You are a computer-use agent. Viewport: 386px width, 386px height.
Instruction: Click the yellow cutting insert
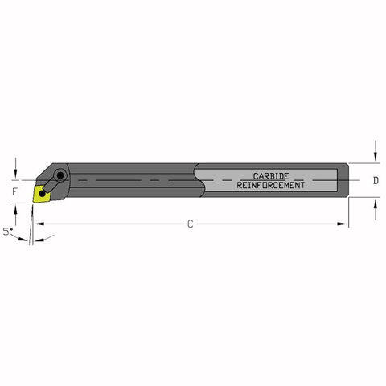[x=42, y=194]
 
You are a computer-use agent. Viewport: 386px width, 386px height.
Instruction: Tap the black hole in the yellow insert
[x=42, y=194]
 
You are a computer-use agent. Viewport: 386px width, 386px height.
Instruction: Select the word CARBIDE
[x=270, y=175]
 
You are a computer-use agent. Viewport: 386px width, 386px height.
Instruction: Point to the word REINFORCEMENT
[x=270, y=185]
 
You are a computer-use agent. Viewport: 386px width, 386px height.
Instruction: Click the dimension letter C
[x=191, y=224]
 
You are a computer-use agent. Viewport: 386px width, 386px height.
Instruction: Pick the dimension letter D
[x=376, y=180]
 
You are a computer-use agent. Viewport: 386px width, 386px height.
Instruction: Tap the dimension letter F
[x=14, y=192]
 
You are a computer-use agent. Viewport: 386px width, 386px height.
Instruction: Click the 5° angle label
[x=8, y=232]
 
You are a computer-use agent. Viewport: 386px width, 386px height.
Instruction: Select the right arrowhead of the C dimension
[x=344, y=224]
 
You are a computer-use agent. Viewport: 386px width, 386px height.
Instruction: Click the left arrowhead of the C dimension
[x=36, y=224]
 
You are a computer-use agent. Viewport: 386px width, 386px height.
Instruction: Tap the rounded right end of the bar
[x=347, y=180]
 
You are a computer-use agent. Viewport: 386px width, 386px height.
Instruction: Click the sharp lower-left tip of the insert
[x=34, y=201]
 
